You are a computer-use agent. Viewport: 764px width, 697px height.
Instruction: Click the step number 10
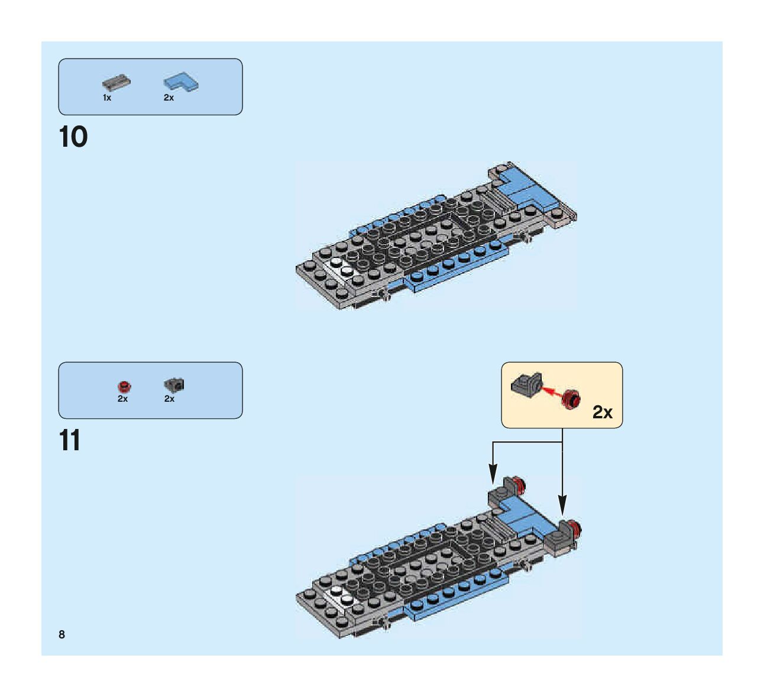pyautogui.click(x=73, y=137)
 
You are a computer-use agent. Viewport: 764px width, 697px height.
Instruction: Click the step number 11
pyautogui.click(x=70, y=441)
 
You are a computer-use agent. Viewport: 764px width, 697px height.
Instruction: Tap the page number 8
pyautogui.click(x=61, y=634)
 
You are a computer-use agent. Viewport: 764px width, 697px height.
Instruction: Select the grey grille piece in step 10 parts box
pyautogui.click(x=116, y=82)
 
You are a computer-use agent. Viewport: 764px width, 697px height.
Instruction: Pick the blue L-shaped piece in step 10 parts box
pyautogui.click(x=181, y=82)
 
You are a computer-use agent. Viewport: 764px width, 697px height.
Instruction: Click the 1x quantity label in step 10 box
pyautogui.click(x=107, y=98)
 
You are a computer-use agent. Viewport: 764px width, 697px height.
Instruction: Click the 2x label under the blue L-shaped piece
pyautogui.click(x=169, y=98)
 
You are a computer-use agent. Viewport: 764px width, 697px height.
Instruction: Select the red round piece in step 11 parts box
pyautogui.click(x=124, y=386)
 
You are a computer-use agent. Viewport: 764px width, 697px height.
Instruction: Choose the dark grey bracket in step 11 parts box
pyautogui.click(x=174, y=385)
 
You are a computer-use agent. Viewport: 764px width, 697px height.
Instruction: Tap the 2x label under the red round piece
pyautogui.click(x=122, y=399)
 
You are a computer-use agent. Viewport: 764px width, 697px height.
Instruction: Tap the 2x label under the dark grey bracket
pyautogui.click(x=170, y=399)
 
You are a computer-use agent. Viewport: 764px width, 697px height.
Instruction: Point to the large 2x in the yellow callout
pyautogui.click(x=603, y=412)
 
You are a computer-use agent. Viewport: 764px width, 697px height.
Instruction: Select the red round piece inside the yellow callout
pyautogui.click(x=571, y=399)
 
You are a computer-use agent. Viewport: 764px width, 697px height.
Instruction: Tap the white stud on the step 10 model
pyautogui.click(x=336, y=263)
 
